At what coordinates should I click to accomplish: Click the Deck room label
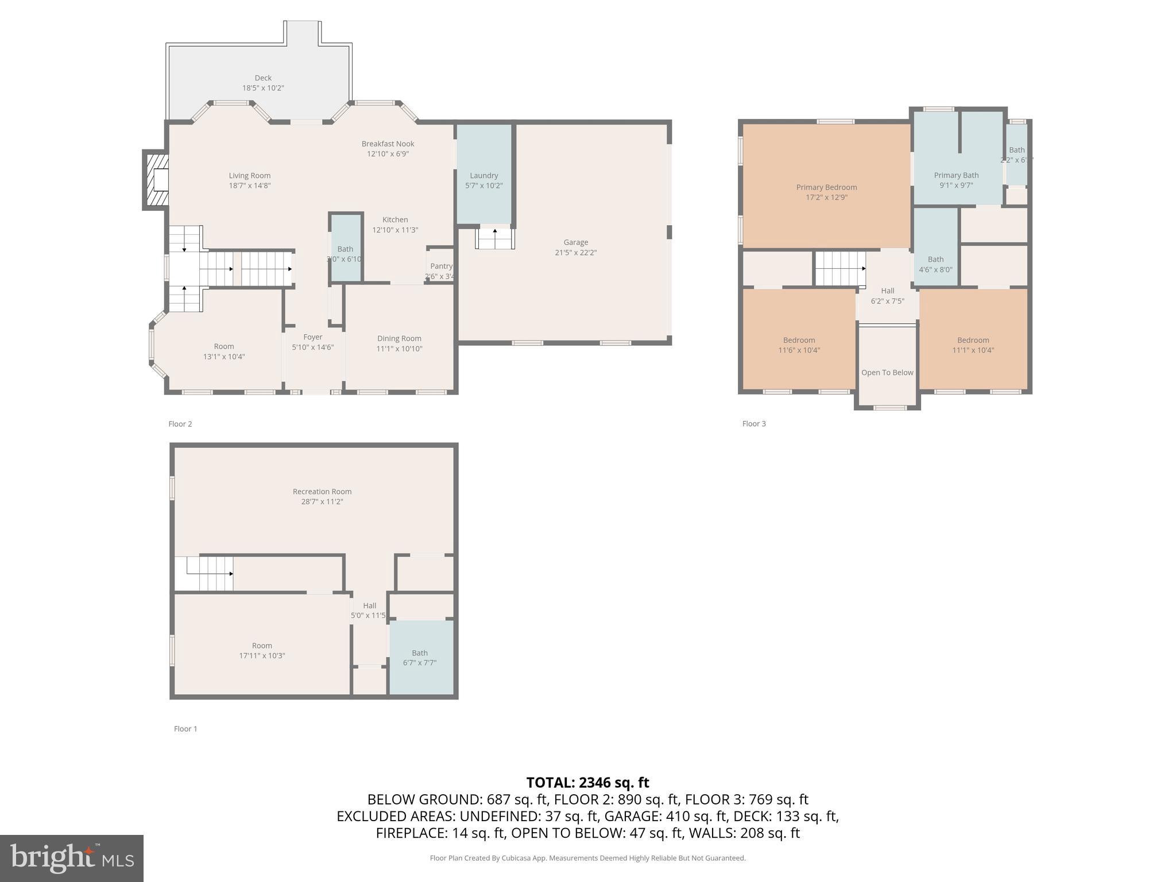click(263, 78)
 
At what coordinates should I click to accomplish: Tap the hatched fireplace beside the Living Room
click(156, 179)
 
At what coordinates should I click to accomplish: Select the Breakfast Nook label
click(388, 144)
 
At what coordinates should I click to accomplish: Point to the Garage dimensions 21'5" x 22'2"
click(575, 253)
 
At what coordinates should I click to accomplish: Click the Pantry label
click(441, 266)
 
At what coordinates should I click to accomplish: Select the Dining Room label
click(399, 339)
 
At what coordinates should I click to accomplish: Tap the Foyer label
click(313, 338)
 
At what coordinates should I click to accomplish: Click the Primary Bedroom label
click(826, 187)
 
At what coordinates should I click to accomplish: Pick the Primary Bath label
click(956, 176)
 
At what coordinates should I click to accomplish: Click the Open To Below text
click(887, 373)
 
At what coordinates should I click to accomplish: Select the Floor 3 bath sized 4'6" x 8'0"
click(935, 264)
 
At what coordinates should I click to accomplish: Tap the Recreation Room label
click(322, 492)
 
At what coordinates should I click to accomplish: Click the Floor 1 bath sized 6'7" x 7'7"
click(420, 657)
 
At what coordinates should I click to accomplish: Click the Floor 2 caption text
click(180, 424)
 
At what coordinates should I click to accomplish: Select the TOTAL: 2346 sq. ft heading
click(587, 783)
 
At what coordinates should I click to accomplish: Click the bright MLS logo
click(71, 858)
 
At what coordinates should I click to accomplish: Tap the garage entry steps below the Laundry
click(495, 239)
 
